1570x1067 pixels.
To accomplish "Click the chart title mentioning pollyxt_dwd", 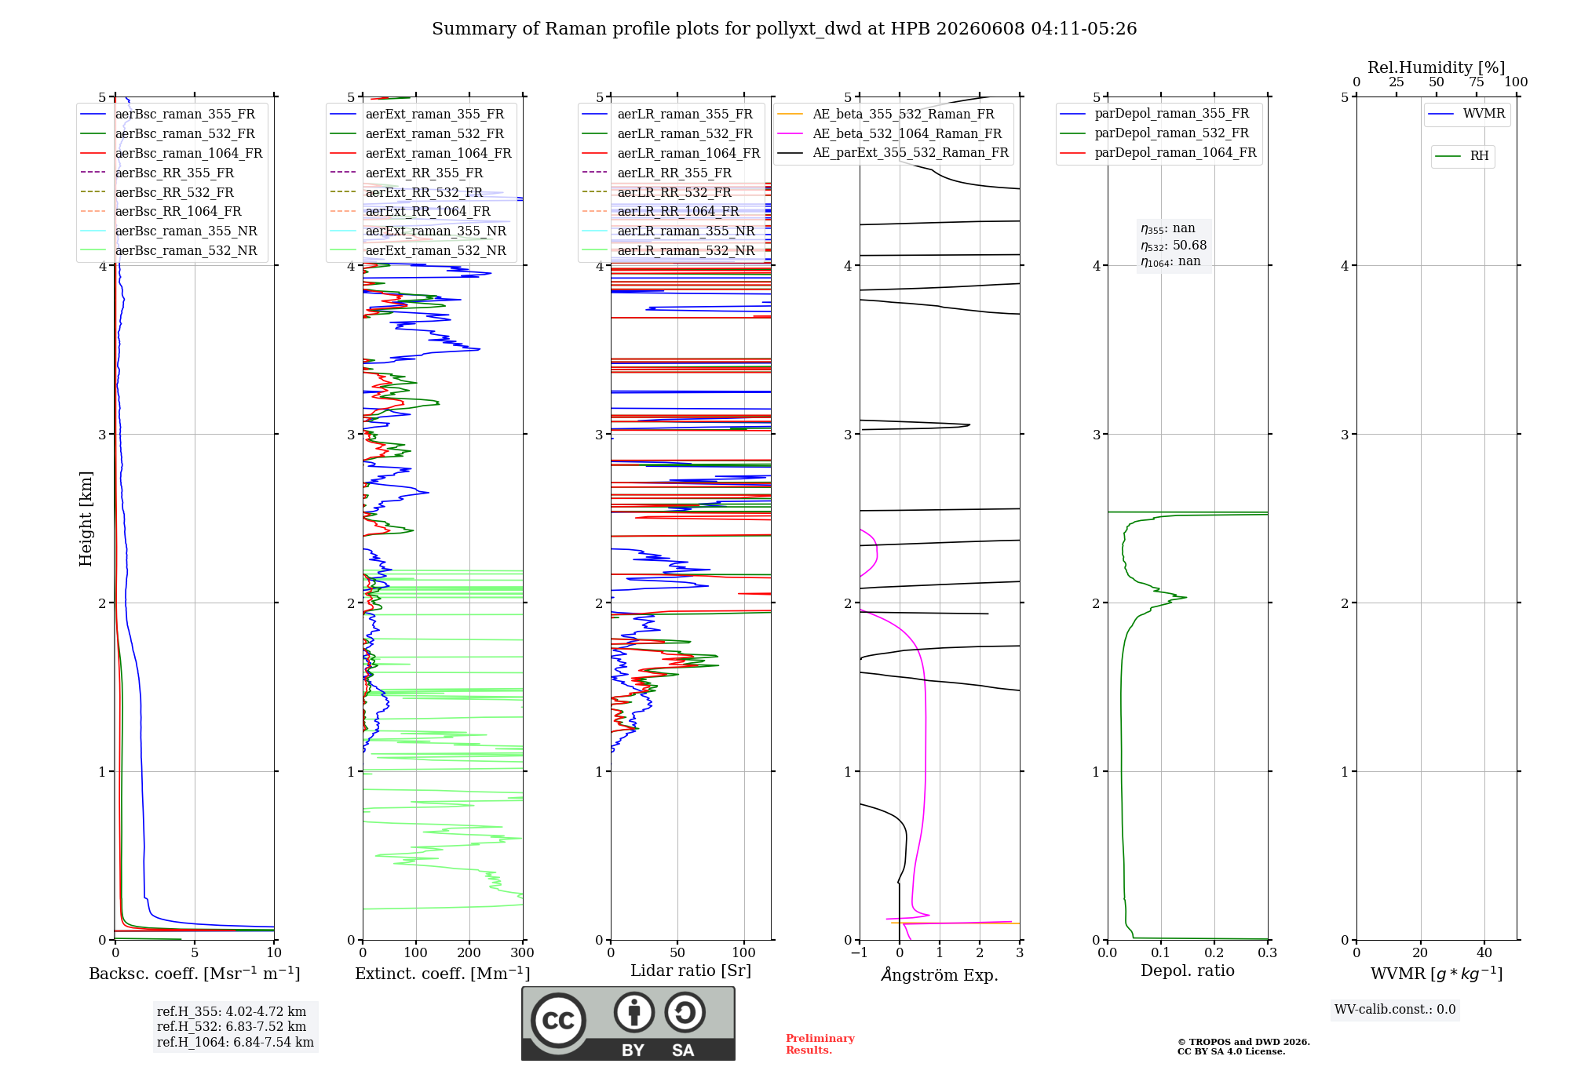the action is (x=784, y=29).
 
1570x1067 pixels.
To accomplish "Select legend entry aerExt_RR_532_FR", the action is (x=424, y=193).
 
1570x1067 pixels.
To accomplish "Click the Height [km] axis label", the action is (x=86, y=519).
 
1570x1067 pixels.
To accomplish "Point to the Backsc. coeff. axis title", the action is (x=195, y=974).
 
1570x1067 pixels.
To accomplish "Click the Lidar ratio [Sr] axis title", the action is (x=691, y=971).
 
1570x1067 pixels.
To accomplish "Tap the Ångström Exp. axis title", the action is (x=940, y=974).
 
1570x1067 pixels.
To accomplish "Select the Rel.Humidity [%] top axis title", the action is (x=1437, y=67).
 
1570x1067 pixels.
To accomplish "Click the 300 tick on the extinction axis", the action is (x=523, y=953).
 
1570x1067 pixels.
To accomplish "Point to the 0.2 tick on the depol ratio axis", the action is (x=1214, y=953).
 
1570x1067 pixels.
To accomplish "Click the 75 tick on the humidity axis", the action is (x=1477, y=82).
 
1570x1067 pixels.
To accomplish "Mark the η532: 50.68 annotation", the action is (x=1174, y=246).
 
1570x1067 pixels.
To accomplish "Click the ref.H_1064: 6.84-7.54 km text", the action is (x=235, y=1043).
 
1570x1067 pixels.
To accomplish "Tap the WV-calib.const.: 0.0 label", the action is (x=1395, y=1010).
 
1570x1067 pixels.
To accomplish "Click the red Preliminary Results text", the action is (x=820, y=1044).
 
